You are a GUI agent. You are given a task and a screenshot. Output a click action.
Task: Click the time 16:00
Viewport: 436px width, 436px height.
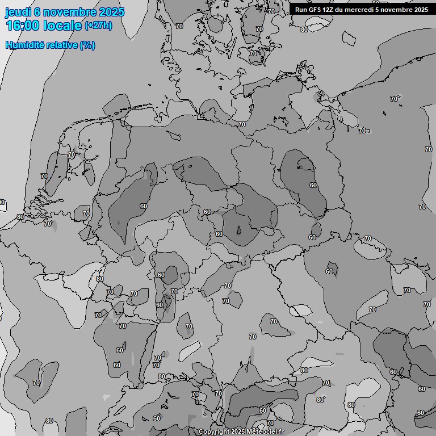pyautogui.click(x=23, y=26)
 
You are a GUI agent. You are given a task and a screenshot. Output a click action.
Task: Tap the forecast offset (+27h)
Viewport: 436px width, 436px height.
pyautogui.click(x=98, y=26)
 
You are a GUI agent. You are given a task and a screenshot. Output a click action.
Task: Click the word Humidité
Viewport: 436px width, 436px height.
pyautogui.click(x=23, y=45)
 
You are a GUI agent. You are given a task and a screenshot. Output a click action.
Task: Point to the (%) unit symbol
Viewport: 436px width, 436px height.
pyautogui.click(x=87, y=45)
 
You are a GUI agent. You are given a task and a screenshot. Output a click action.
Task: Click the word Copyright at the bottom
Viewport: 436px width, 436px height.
pyautogui.click(x=214, y=432)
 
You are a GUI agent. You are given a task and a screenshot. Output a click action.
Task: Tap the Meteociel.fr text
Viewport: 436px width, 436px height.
pyautogui.click(x=276, y=432)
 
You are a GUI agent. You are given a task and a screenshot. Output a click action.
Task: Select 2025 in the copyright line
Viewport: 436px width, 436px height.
pyautogui.click(x=241, y=432)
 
